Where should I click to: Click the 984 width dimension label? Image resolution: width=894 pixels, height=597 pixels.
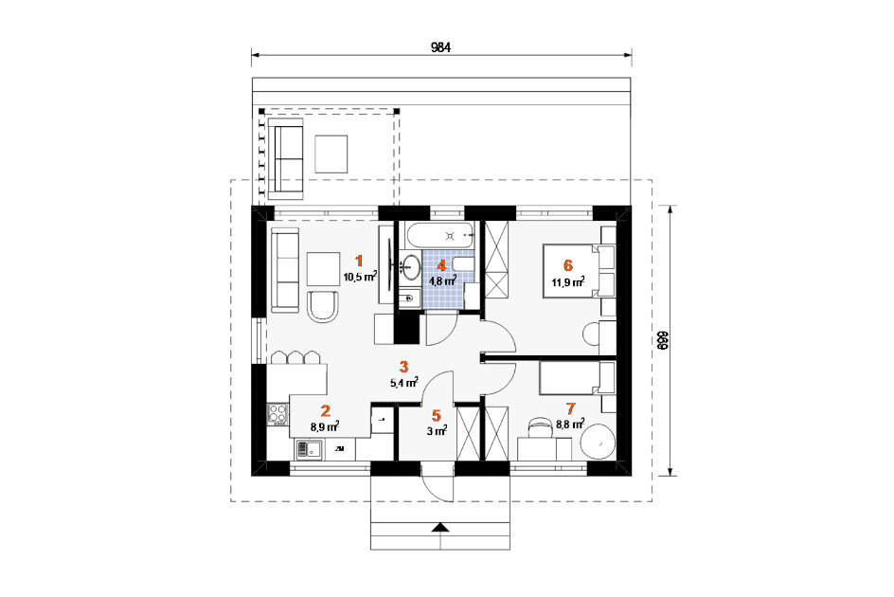pos(440,47)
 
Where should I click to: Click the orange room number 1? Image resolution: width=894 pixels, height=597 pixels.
pos(359,261)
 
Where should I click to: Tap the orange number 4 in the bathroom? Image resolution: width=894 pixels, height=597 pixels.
pos(441,265)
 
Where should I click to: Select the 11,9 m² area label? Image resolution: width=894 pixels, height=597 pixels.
pos(568,281)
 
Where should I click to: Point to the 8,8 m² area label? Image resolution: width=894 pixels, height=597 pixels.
pos(570,425)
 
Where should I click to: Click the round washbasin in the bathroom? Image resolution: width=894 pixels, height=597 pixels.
pos(410,266)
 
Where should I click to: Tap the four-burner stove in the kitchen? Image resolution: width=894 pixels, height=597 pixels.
pos(277,414)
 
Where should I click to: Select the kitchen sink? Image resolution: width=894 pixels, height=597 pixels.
pos(309,449)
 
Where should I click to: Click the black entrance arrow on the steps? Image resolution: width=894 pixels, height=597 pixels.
pos(439,527)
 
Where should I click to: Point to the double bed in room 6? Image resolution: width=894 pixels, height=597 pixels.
pos(579,270)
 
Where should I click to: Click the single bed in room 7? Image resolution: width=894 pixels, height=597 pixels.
pos(577,377)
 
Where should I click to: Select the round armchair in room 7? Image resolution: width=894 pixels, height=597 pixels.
pos(598,442)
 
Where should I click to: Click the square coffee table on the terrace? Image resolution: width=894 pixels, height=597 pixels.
pos(331,154)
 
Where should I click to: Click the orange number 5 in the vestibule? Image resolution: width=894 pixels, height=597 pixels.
pos(437,415)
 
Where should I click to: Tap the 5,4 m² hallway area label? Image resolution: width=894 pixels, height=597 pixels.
pos(403,383)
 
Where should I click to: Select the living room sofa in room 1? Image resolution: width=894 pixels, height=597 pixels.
pos(284,270)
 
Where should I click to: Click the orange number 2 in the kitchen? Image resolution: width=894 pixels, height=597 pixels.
pos(325,410)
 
